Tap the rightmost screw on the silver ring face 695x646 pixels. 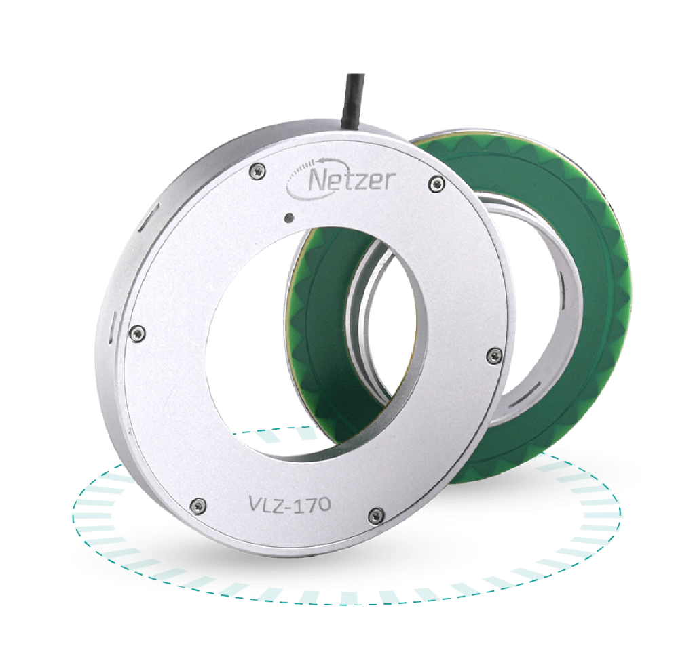[x=494, y=353]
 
